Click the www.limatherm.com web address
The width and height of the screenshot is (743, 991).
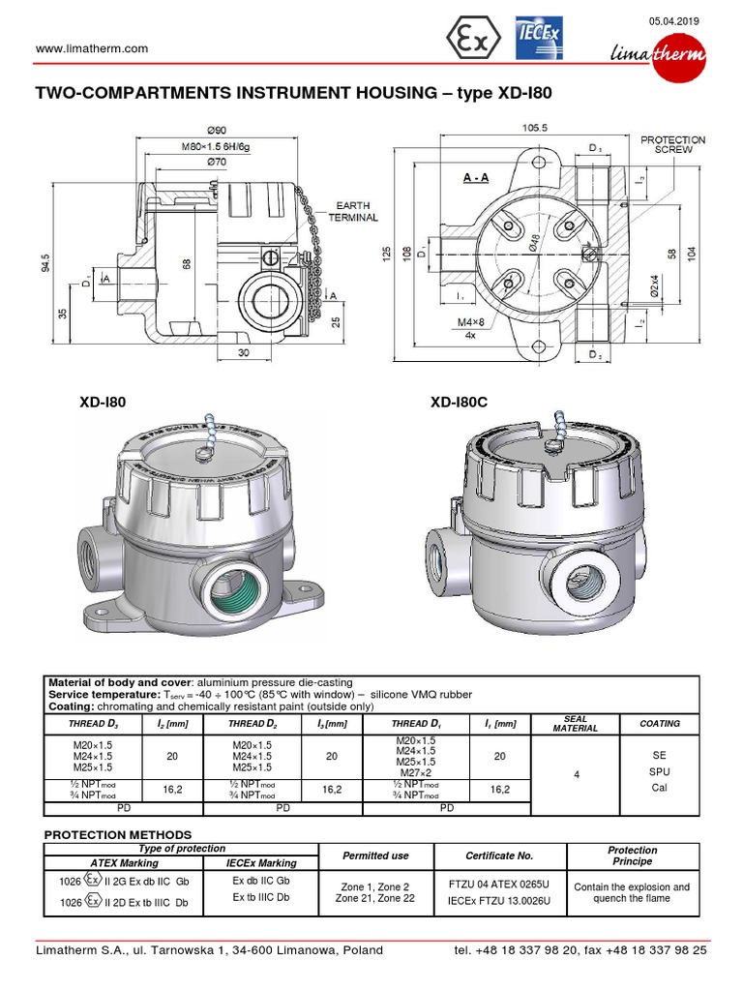point(91,48)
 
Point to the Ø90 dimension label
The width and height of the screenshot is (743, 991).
point(216,131)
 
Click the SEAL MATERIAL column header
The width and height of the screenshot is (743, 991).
point(575,724)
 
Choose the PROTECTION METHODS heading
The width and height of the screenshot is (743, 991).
point(118,834)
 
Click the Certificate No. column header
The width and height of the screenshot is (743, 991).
point(498,856)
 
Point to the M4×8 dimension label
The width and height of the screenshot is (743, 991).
point(471,321)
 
